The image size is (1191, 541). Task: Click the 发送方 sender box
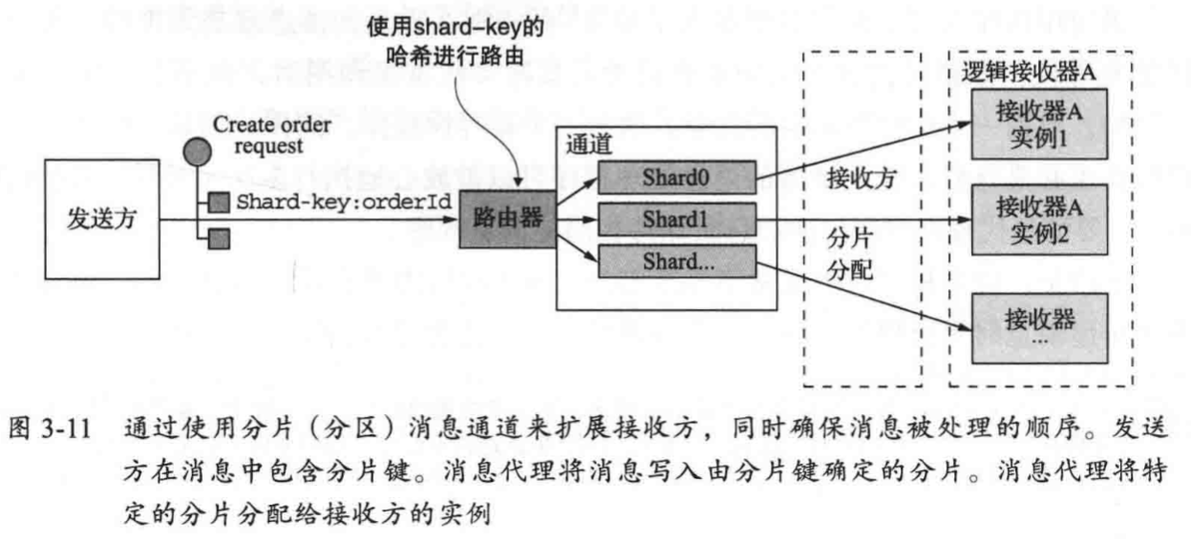101,221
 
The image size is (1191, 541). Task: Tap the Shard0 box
676,177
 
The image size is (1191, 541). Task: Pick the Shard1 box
676,218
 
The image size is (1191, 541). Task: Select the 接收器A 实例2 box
1037,218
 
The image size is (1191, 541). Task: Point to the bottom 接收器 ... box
1037,326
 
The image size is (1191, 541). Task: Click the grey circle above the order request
198,153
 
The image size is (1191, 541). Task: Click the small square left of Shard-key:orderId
219,202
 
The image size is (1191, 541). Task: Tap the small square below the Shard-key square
219,238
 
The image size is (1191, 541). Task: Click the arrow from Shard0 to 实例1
860,148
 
